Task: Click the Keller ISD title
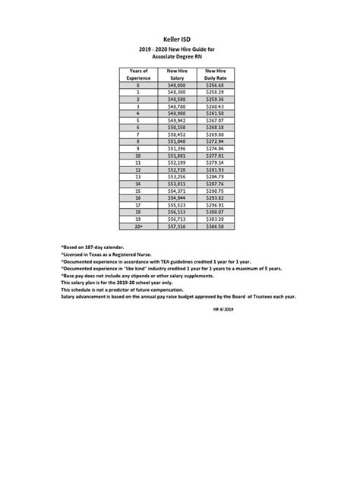(x=179, y=37)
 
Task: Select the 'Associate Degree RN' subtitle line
(x=179, y=56)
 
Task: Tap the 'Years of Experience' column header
(x=138, y=74)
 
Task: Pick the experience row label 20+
(x=138, y=226)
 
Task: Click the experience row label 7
(x=138, y=134)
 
